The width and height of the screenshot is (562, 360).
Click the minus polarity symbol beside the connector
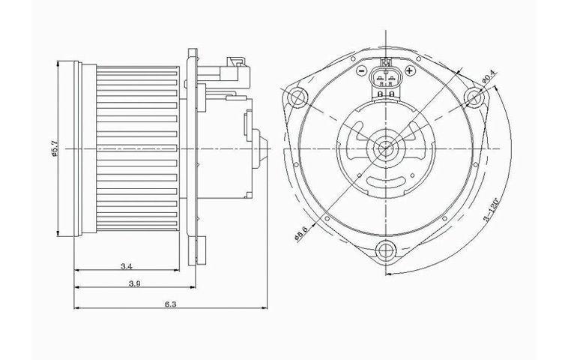point(361,72)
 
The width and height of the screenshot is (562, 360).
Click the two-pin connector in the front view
point(387,76)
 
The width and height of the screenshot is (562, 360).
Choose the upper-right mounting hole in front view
point(473,97)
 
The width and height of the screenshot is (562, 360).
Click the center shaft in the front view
point(386,148)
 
